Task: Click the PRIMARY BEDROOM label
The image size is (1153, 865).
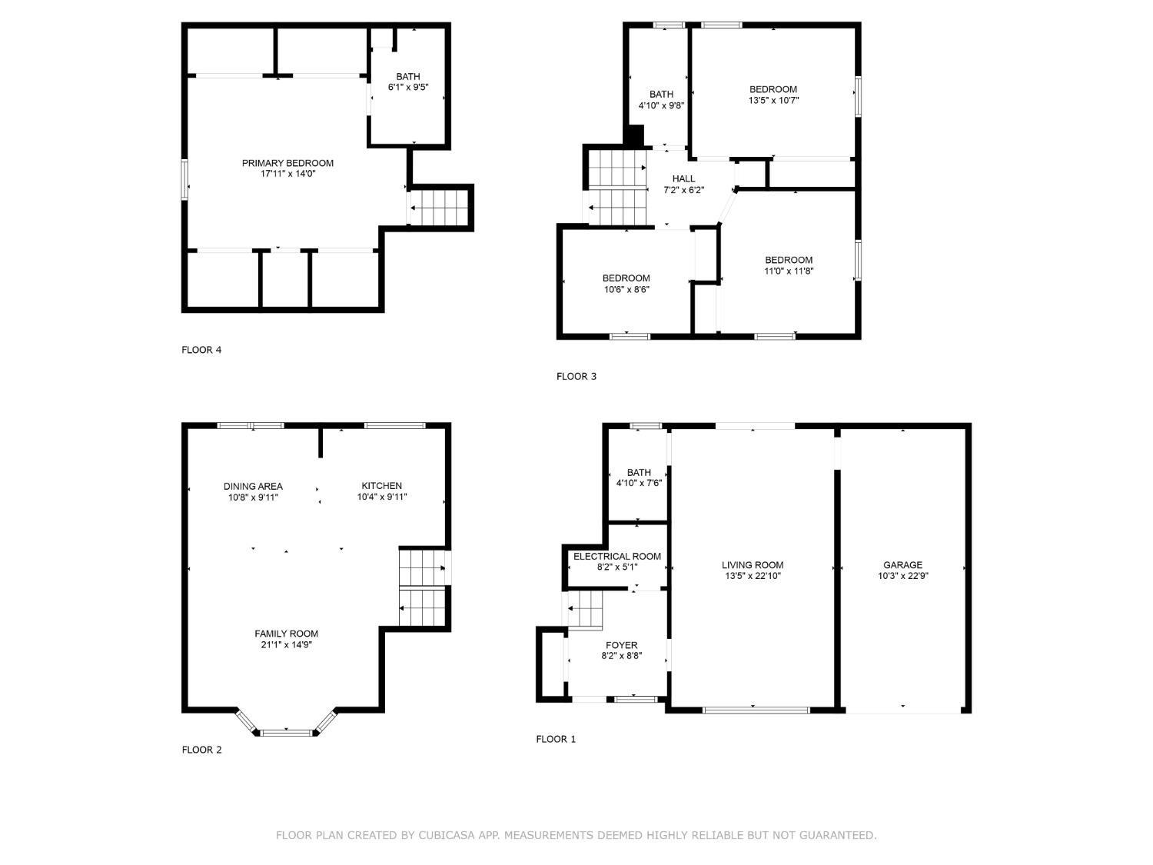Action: pyautogui.click(x=287, y=163)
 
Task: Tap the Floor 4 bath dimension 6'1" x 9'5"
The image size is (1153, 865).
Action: pyautogui.click(x=408, y=88)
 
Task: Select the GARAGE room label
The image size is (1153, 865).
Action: pyautogui.click(x=902, y=565)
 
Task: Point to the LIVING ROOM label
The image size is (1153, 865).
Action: pyautogui.click(x=753, y=565)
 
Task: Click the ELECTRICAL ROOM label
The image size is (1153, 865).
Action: pyautogui.click(x=616, y=557)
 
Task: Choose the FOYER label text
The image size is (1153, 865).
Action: pyautogui.click(x=621, y=646)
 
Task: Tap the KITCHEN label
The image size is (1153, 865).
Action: pyautogui.click(x=382, y=486)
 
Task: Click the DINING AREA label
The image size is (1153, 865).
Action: pyautogui.click(x=253, y=486)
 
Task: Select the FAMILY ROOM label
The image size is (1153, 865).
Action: pyautogui.click(x=286, y=634)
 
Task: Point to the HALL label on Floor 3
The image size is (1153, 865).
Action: pyautogui.click(x=683, y=179)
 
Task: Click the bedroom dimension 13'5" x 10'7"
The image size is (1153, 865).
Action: pyautogui.click(x=773, y=100)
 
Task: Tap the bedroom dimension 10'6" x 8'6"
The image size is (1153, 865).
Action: pyautogui.click(x=626, y=289)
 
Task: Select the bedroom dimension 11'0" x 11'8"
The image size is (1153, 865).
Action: pyautogui.click(x=789, y=271)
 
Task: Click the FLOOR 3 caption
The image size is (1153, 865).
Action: pyautogui.click(x=576, y=377)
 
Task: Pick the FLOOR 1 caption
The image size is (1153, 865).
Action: pyautogui.click(x=556, y=740)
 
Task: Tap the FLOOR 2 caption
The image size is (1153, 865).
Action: pyautogui.click(x=201, y=750)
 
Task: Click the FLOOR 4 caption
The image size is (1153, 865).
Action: pyautogui.click(x=201, y=351)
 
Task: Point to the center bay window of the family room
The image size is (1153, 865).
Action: pyautogui.click(x=286, y=733)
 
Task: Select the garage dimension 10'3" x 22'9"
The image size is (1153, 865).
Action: pyautogui.click(x=902, y=576)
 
